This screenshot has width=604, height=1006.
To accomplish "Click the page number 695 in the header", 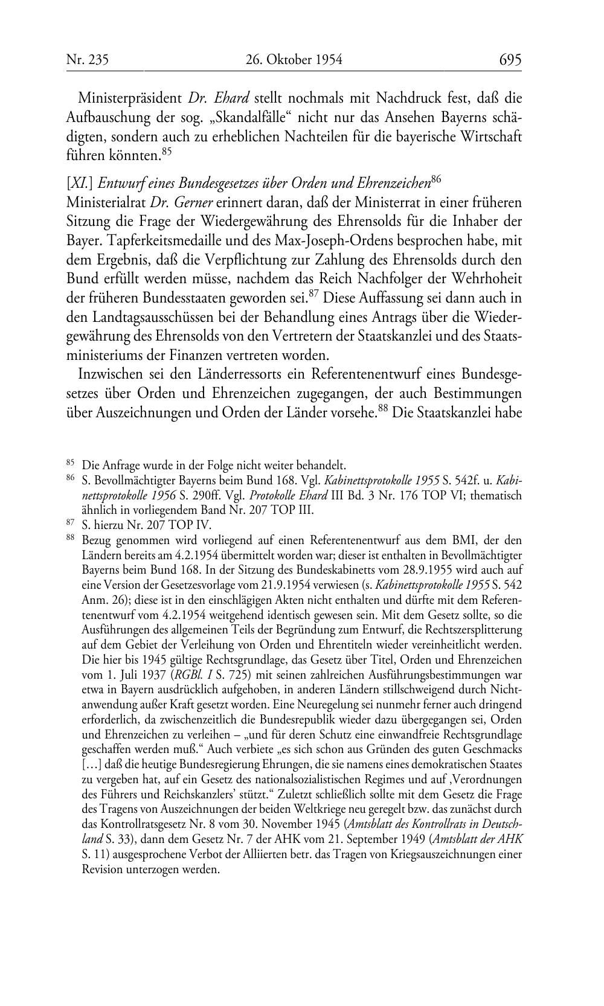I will (510, 60).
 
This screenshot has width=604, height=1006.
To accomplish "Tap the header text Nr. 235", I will (87, 60).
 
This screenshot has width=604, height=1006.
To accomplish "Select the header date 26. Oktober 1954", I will (294, 60).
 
